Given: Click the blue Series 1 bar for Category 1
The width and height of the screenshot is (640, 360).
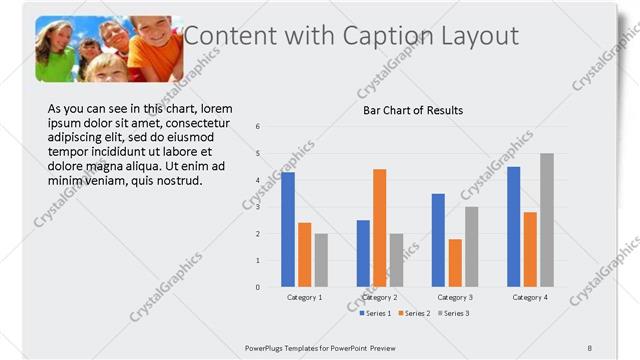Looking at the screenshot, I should [x=288, y=230].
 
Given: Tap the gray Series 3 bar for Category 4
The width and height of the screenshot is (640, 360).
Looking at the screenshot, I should [x=546, y=220].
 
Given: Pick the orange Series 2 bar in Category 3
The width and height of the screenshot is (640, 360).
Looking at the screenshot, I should [x=455, y=263].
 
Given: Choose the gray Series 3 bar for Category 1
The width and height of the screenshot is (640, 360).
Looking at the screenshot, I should [x=321, y=260].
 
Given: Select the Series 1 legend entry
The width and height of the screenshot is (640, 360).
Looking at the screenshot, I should [x=376, y=313].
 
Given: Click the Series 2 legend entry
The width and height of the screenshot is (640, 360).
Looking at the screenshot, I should [x=414, y=313].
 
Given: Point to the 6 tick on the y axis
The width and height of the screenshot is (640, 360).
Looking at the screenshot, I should [x=258, y=127].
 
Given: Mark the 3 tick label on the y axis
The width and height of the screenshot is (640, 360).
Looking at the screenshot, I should [x=258, y=207].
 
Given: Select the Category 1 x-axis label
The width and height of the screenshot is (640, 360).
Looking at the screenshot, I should [x=304, y=298].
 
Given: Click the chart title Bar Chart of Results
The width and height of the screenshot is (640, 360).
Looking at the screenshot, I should [x=412, y=110].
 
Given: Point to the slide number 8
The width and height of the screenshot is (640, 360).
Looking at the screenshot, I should [x=589, y=347].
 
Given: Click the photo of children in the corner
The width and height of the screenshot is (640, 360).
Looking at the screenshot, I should [x=110, y=48].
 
